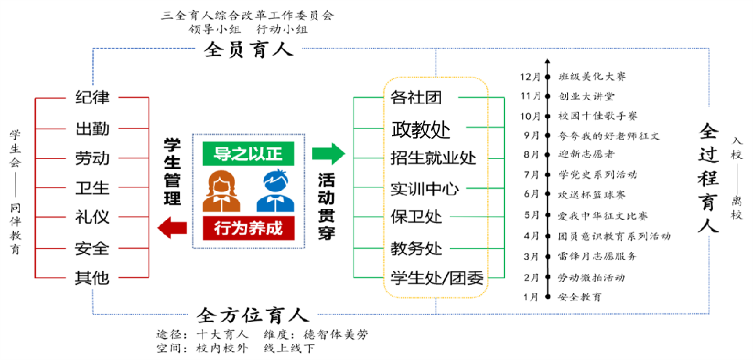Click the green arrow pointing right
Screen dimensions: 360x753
pyautogui.click(x=328, y=154)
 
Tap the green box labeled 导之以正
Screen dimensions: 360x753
pyautogui.click(x=247, y=154)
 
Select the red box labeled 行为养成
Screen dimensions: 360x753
pyautogui.click(x=247, y=228)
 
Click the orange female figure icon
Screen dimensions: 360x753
pyautogui.click(x=222, y=191)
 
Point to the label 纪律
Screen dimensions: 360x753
pyautogui.click(x=92, y=98)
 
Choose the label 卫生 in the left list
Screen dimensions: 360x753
pyautogui.click(x=92, y=188)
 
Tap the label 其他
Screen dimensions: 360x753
pyautogui.click(x=92, y=278)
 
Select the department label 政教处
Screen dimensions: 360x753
pyautogui.click(x=421, y=130)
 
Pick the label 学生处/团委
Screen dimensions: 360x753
pyautogui.click(x=437, y=278)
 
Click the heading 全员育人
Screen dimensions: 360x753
pyautogui.click(x=249, y=50)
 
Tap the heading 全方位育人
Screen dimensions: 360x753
pyautogui.click(x=253, y=316)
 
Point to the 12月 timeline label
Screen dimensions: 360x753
pyautogui.click(x=530, y=76)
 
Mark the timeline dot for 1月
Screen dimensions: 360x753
pyautogui.click(x=547, y=297)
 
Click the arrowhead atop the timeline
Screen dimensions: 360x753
pyautogui.click(x=547, y=64)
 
